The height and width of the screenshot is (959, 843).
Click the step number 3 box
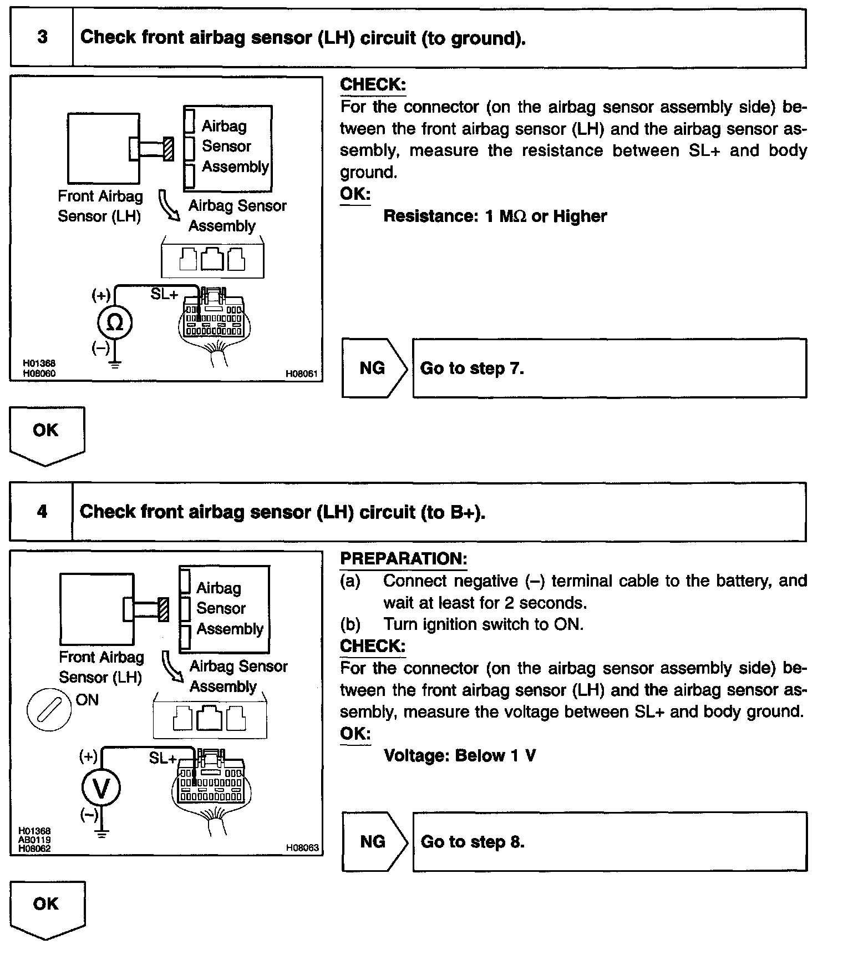(x=42, y=38)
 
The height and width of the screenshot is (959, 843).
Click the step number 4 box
(x=42, y=512)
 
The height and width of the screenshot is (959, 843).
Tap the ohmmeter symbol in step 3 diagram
(x=115, y=322)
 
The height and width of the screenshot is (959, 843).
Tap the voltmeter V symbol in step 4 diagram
(x=101, y=788)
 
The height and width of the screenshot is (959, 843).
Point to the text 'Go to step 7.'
(x=472, y=369)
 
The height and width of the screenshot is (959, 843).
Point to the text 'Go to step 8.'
(x=473, y=842)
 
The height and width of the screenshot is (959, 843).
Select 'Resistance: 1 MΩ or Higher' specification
(x=495, y=216)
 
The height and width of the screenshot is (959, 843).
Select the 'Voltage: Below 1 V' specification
(x=460, y=756)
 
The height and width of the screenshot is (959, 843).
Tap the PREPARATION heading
(x=403, y=559)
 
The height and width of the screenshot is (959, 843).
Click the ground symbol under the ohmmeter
(x=115, y=365)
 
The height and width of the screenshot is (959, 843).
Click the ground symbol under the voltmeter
(x=101, y=833)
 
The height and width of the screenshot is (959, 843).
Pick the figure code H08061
(x=301, y=374)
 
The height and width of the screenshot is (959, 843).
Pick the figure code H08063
(x=302, y=848)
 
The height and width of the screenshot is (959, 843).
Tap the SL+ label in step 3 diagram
(x=164, y=294)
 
